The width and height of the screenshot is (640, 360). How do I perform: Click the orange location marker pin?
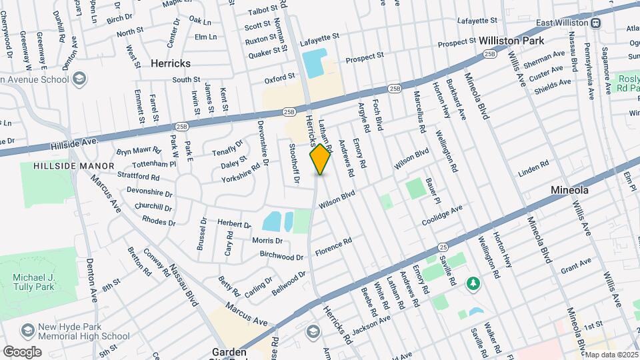[x=321, y=160]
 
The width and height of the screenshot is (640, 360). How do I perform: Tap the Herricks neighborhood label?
[x=170, y=63]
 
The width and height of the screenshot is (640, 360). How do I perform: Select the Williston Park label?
[x=511, y=41]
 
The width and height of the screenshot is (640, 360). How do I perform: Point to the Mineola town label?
[x=569, y=190]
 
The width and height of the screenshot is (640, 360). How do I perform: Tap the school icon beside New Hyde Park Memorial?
[x=28, y=331]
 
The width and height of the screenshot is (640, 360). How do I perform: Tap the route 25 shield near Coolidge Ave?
[x=443, y=247]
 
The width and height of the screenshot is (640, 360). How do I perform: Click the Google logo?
[x=22, y=351]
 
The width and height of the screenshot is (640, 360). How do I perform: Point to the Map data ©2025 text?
[x=611, y=355]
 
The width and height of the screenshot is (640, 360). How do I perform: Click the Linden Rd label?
[x=533, y=167]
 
